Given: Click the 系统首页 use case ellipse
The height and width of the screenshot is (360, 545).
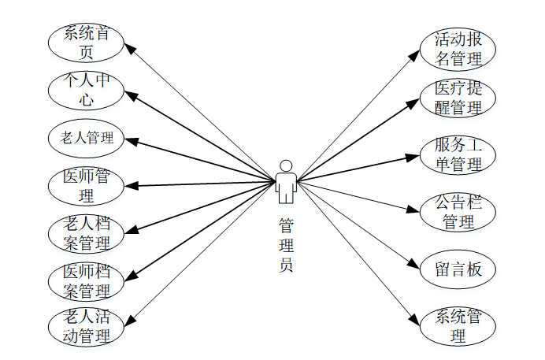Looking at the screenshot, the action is click(87, 43).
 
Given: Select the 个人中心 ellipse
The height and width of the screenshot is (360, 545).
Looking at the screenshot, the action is click(87, 90).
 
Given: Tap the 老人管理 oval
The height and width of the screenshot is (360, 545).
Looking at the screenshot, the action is click(87, 138).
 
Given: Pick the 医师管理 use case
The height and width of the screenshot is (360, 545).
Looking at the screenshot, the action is click(87, 185).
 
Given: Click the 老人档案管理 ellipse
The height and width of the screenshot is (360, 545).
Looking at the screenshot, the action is click(87, 232).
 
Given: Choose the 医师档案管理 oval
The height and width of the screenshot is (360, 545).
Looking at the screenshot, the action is click(87, 280).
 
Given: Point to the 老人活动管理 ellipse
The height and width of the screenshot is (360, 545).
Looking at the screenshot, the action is click(87, 327).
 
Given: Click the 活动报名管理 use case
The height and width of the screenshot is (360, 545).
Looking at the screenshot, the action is click(458, 49).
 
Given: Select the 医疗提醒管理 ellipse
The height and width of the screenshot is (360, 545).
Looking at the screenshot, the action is click(458, 98).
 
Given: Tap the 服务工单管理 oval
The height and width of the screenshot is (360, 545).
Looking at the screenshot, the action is click(458, 155).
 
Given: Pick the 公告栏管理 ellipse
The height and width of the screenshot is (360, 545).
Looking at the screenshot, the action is click(458, 212).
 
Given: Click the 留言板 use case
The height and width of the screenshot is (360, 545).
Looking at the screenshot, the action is click(458, 269).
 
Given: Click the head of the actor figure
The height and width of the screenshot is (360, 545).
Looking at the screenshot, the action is click(287, 166).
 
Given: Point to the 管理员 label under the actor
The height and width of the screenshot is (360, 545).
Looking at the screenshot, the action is click(287, 245).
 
